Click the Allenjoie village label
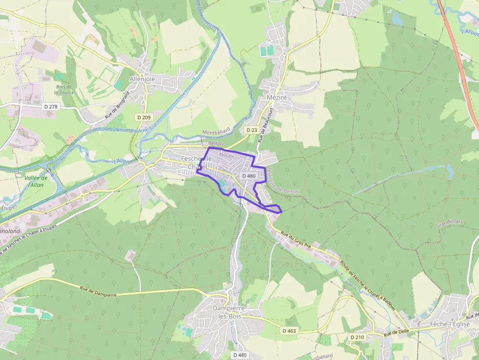coord(142,79)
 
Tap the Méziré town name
coord(277,97)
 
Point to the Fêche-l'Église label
coord(450,324)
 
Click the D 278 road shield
coord(50,106)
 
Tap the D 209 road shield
coord(143,117)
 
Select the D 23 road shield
coord(251,130)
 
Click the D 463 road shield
coord(289,331)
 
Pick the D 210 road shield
coord(357,337)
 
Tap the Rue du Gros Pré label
coord(296,240)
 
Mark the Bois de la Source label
coord(64,89)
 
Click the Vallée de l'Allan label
coord(36,181)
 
